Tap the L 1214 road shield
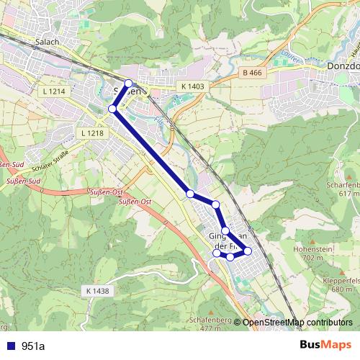click(54, 92)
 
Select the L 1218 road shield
click(93, 134)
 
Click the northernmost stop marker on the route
click(129, 84)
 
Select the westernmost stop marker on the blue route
click(112, 109)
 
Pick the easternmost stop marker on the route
click(248, 251)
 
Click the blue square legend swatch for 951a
click(10, 346)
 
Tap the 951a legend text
click(33, 346)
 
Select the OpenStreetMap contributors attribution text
click(297, 322)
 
